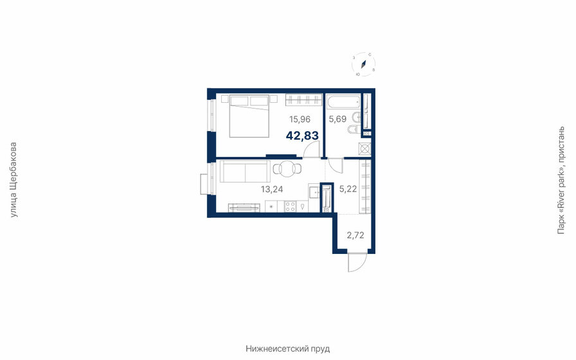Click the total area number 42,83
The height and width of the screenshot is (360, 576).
pyautogui.click(x=302, y=136)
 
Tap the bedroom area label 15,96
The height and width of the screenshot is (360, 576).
pyautogui.click(x=300, y=119)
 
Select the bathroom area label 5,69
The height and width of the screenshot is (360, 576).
pyautogui.click(x=337, y=119)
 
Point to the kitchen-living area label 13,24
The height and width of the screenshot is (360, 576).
pyautogui.click(x=272, y=189)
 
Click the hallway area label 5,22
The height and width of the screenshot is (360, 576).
pyautogui.click(x=348, y=189)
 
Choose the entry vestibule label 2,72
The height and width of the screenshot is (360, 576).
pyautogui.click(x=355, y=235)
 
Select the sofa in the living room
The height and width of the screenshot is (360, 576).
pyautogui.click(x=244, y=172)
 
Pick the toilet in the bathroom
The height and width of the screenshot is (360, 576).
pyautogui.click(x=352, y=131)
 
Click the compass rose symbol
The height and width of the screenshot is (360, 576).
pyautogui.click(x=363, y=64)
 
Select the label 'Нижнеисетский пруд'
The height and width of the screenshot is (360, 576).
pyautogui.click(x=287, y=348)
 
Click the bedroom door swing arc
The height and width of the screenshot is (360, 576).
pyautogui.click(x=311, y=150)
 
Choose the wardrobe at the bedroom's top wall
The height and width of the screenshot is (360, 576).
pyautogui.click(x=303, y=100)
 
